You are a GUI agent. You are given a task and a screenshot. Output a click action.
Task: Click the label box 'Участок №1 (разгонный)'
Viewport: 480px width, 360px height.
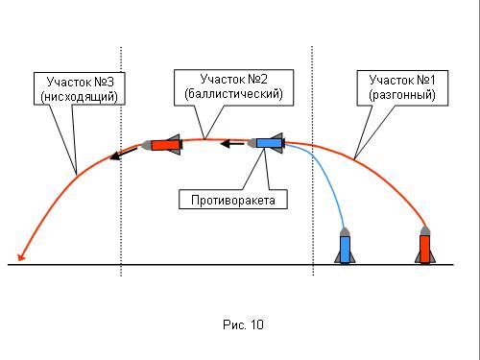pos(402,88)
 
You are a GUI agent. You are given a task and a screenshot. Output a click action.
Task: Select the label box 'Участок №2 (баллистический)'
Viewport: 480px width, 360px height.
pos(233,87)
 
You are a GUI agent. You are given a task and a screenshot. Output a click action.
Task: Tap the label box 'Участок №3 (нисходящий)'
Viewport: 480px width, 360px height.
pos(80,88)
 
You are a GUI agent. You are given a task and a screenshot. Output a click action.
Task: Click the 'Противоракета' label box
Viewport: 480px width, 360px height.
pos(233,200)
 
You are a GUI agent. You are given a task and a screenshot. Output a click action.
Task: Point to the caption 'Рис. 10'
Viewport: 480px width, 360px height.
pos(243,324)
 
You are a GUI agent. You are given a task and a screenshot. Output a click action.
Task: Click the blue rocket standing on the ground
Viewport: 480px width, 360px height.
pos(345,246)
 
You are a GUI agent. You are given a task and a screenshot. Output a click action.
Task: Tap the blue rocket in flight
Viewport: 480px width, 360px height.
pos(266,143)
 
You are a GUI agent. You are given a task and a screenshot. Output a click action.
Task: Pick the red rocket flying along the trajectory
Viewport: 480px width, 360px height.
pos(162,145)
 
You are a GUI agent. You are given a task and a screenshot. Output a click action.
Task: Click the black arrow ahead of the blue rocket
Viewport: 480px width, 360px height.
pos(232,144)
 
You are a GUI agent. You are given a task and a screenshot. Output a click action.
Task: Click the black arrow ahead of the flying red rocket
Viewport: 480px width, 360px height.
pos(124,154)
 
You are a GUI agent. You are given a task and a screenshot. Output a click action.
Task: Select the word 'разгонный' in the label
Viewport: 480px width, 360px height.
pos(402,95)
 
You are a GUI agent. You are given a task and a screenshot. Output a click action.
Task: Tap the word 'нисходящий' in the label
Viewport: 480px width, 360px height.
pos(80,96)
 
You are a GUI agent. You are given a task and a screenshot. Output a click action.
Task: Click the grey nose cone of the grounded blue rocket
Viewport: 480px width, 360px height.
pos(345,231)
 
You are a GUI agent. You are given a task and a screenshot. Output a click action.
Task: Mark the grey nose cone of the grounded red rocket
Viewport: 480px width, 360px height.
pos(425,230)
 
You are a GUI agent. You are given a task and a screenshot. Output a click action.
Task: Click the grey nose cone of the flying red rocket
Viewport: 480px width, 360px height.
pos(146,145)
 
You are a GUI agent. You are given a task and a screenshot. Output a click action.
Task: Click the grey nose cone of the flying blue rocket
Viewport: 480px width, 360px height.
pos(252,143)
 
